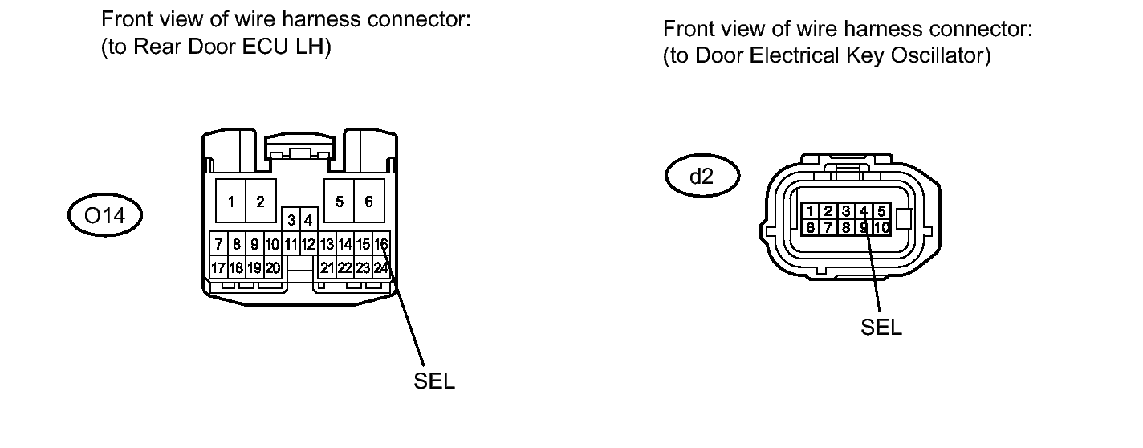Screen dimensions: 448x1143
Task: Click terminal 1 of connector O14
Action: (230, 202)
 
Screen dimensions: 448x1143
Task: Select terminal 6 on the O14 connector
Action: (368, 202)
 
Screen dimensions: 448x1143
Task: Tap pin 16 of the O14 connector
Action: (382, 243)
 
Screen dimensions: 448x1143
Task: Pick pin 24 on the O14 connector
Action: (382, 267)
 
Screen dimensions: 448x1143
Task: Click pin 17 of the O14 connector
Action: (218, 267)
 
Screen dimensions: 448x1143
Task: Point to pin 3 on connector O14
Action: (291, 219)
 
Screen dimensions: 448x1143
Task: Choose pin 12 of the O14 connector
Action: (307, 243)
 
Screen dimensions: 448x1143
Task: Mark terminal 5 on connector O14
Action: (340, 202)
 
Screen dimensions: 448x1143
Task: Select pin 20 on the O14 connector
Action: (272, 267)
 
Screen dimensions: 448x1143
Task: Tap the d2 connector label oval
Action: (702, 177)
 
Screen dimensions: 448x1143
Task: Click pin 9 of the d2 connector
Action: (864, 227)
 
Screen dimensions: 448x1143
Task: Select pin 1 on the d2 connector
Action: (811, 211)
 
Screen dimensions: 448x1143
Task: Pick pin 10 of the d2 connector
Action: (881, 227)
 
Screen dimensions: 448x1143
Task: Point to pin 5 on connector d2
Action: (881, 211)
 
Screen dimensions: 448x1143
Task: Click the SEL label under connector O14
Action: (434, 381)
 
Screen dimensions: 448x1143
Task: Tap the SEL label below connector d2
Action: (881, 328)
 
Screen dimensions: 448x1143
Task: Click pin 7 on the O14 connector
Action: (218, 243)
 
